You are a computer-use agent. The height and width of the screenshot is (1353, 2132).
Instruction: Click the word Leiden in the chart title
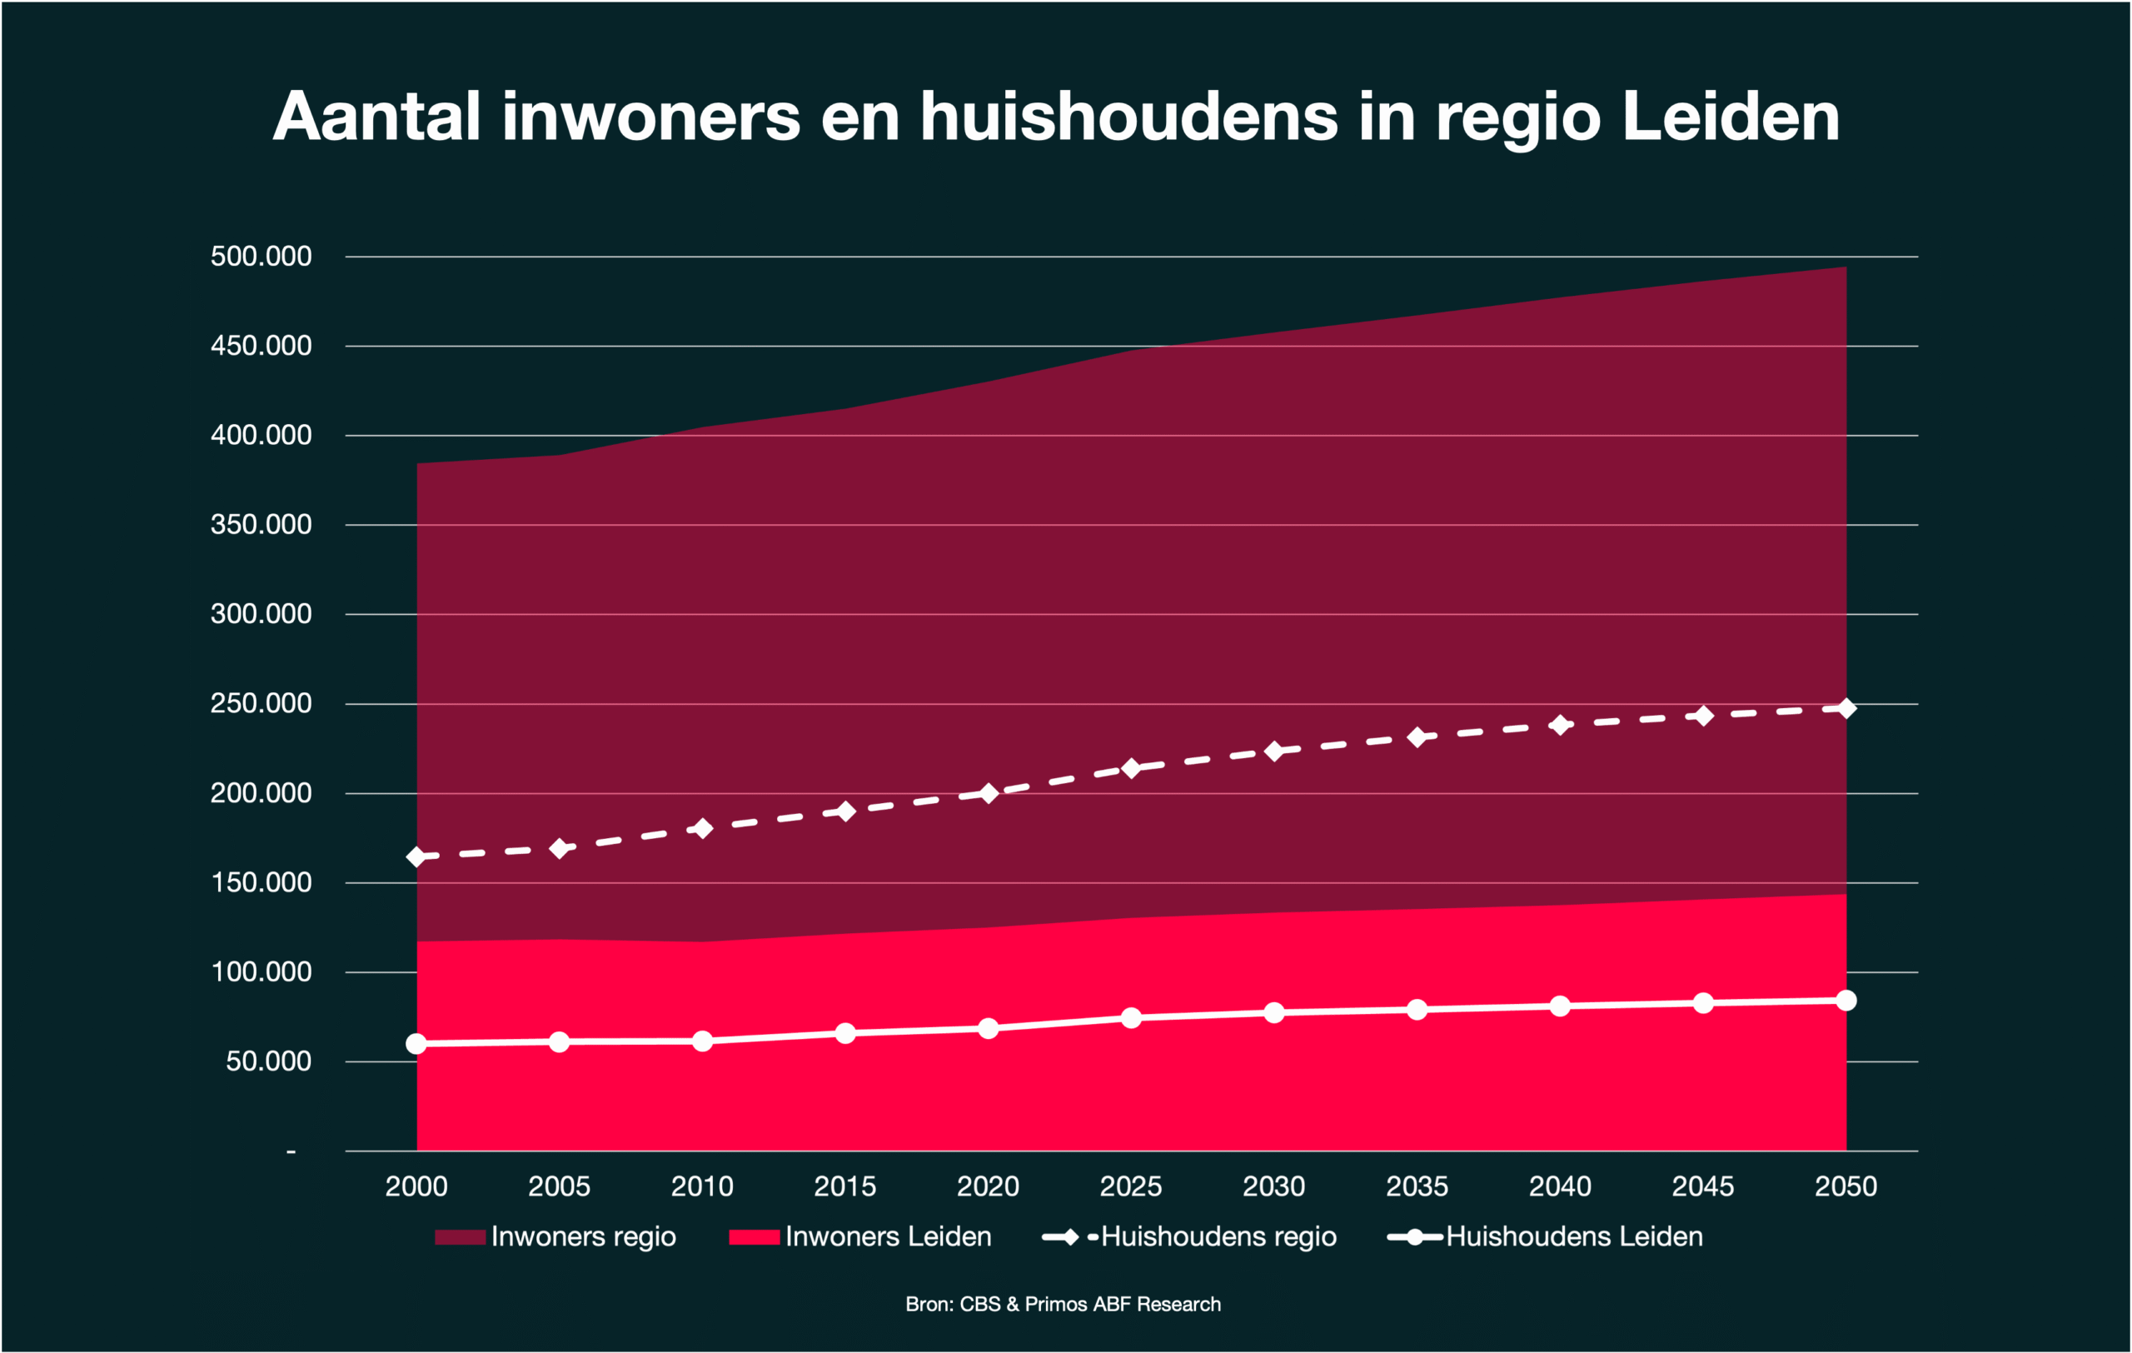pos(1730,117)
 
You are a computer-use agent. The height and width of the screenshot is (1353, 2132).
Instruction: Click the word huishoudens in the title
pos(1128,117)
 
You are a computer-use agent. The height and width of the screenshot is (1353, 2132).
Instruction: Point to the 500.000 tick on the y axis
pos(262,257)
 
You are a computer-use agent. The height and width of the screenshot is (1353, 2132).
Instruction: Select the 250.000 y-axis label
pos(262,704)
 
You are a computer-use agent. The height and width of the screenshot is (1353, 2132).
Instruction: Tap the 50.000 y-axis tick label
pos(268,1061)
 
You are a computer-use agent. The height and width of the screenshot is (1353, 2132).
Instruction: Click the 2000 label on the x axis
pos(416,1186)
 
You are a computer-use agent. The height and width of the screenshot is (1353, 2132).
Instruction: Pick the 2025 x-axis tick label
pos(1131,1186)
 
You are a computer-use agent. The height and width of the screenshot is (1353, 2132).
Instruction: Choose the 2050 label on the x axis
pos(1846,1186)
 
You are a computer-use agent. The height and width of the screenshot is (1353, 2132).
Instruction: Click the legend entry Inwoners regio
pos(583,1237)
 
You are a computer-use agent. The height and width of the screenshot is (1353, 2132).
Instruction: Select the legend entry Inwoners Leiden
pos(888,1237)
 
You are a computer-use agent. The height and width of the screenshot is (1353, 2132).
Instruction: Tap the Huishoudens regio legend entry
pos(1218,1237)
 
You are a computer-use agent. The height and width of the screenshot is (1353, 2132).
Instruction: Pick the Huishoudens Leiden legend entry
pos(1573,1237)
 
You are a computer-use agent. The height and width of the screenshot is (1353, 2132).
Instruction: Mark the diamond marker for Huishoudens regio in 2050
pos(1846,708)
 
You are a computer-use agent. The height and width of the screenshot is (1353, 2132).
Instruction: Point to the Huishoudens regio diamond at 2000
pos(416,857)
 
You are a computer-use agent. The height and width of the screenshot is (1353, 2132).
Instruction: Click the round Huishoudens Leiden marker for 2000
pos(416,1045)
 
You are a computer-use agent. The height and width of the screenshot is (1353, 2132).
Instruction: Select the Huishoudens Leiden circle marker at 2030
pos(1274,1013)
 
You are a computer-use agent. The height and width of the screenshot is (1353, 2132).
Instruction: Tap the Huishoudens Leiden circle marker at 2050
pos(1846,1001)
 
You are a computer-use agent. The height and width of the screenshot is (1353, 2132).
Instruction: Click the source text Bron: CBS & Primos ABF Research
pos(1063,1305)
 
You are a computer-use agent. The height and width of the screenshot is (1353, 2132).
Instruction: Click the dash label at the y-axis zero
pos(291,1152)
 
